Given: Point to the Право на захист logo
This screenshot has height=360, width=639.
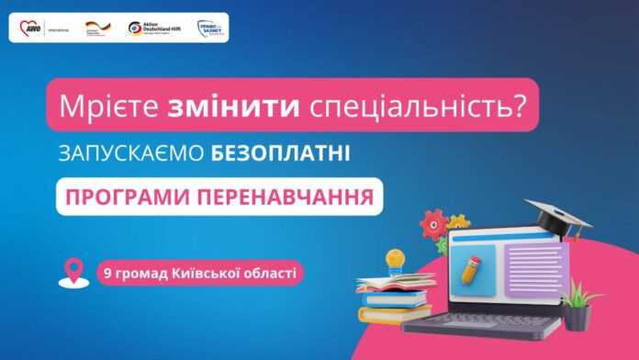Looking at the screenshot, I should (x=210, y=28).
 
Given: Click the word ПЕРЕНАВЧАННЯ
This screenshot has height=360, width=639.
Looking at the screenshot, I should (x=297, y=197).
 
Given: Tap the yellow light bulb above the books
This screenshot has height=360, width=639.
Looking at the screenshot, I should (x=395, y=261).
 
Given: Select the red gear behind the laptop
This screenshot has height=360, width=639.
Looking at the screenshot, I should (x=432, y=223).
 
